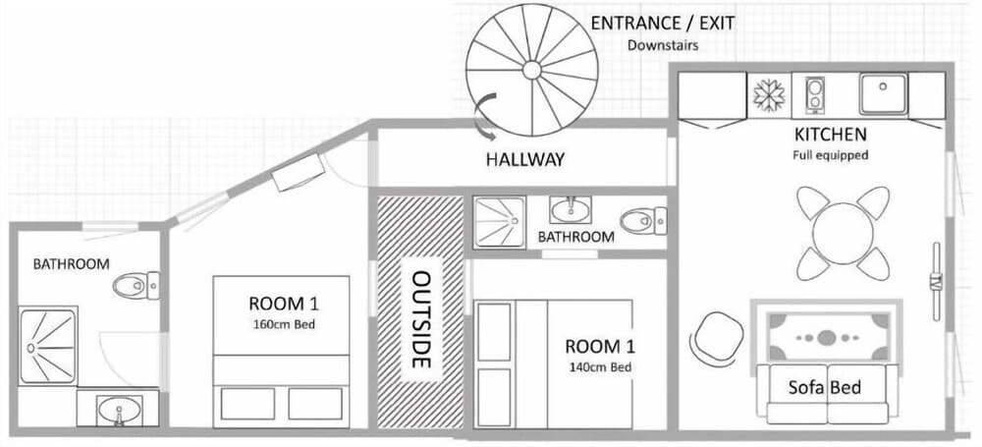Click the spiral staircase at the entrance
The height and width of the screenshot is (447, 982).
tap(531, 69)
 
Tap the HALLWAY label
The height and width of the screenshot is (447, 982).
tap(525, 159)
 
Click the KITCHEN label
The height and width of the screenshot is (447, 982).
tap(830, 135)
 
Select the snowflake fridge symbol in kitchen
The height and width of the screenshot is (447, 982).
tap(768, 95)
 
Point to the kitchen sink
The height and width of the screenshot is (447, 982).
tap(883, 95)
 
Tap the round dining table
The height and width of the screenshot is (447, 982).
tap(842, 233)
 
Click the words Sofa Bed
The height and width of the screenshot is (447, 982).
tap(826, 387)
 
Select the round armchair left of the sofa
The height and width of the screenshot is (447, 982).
tap(718, 337)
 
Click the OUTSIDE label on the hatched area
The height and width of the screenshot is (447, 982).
tap(421, 319)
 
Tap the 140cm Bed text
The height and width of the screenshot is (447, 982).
tap(599, 367)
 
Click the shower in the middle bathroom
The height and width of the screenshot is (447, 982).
tap(499, 222)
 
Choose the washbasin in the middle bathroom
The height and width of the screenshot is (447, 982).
tap(570, 210)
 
